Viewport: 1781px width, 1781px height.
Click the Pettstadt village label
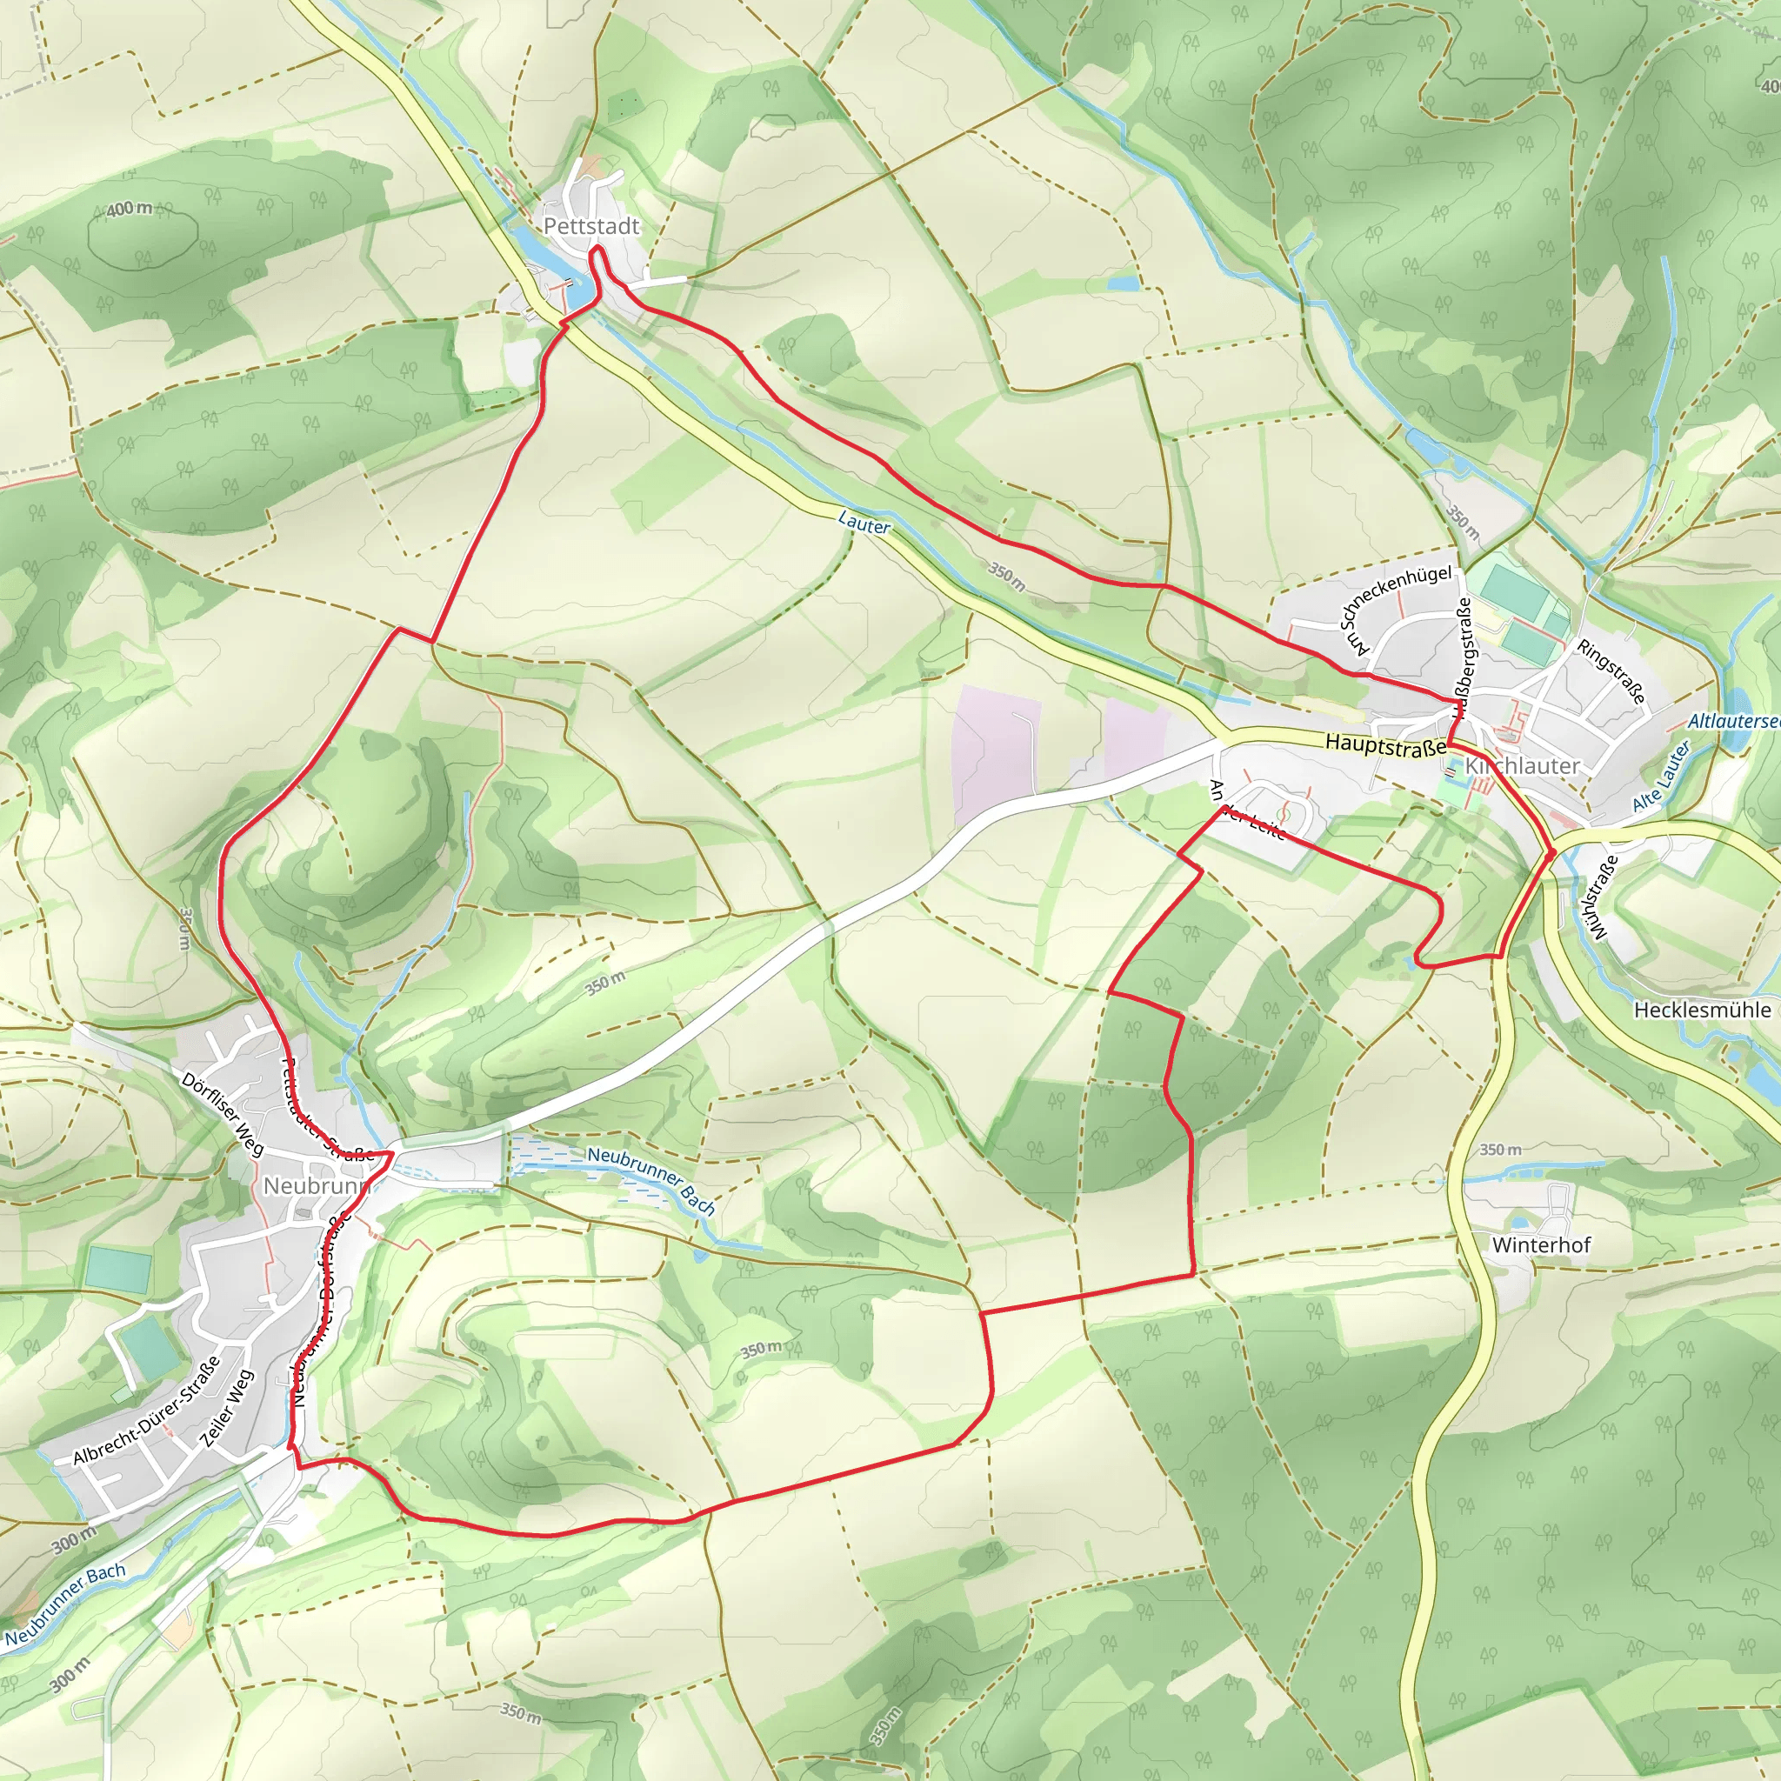(590, 226)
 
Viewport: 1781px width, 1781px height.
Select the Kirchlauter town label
(1522, 766)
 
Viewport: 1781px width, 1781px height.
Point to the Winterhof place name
(1540, 1244)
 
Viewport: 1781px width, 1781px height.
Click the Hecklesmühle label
(1702, 1010)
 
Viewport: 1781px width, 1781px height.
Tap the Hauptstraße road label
(1384, 745)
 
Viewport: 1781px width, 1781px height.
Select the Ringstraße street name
(1611, 671)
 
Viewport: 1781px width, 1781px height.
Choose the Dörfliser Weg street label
(223, 1114)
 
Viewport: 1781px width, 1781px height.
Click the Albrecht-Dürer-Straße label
(148, 1411)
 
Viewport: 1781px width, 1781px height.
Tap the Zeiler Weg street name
(227, 1409)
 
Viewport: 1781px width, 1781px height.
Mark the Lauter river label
(864, 523)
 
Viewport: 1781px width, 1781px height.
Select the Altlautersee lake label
(1732, 721)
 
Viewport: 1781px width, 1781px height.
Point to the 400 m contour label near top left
(129, 210)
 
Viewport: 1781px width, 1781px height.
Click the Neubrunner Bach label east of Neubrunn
(650, 1180)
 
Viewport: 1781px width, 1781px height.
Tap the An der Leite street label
(1246, 810)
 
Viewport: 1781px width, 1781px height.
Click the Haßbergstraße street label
(1463, 658)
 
